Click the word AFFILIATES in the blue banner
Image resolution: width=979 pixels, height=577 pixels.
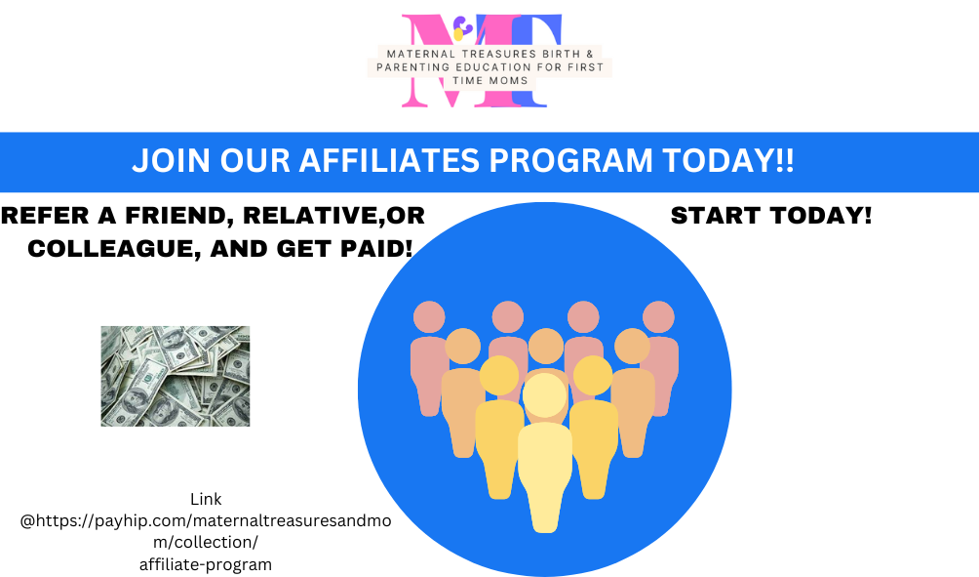(x=389, y=161)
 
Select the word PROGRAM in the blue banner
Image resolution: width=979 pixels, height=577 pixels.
(x=570, y=161)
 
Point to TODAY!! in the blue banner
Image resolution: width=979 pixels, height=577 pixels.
(x=728, y=161)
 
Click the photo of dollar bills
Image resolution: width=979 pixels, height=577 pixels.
(x=176, y=376)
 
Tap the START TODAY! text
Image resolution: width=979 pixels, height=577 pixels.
(x=771, y=216)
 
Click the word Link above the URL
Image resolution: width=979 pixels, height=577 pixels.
(x=206, y=499)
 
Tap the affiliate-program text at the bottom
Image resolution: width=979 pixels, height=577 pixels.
(x=206, y=564)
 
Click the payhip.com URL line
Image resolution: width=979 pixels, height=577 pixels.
(x=206, y=521)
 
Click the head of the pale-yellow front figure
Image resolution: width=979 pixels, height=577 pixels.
(x=544, y=395)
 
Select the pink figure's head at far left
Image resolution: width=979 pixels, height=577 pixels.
(x=430, y=317)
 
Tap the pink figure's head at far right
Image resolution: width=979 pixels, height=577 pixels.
(x=659, y=317)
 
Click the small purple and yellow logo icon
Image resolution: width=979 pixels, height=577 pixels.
(x=461, y=28)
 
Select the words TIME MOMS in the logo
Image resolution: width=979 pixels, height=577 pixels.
(x=490, y=81)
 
